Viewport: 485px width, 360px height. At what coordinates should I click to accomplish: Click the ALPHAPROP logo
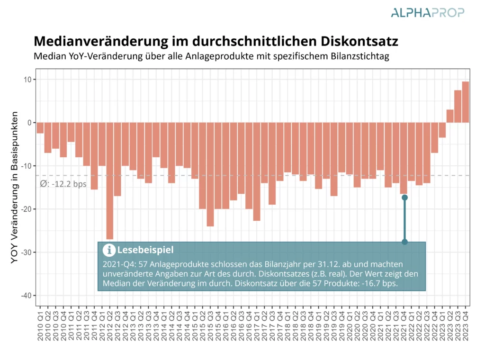pos(428,13)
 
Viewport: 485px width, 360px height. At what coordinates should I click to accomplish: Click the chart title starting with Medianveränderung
pos(216,41)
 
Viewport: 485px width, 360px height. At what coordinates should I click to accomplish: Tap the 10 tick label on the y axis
pos(27,79)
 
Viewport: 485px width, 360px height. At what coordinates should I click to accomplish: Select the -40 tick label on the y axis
pos(26,296)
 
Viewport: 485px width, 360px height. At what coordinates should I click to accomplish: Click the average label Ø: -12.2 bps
pos(63,184)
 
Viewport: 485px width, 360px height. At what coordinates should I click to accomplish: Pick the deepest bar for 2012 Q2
pos(110,180)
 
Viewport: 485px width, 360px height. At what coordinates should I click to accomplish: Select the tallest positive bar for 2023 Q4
pos(466,102)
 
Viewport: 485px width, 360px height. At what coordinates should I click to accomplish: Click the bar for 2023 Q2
pos(450,116)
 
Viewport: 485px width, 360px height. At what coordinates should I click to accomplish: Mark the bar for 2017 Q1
pos(257,171)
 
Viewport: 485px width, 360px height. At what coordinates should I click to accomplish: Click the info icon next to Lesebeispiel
pos(109,250)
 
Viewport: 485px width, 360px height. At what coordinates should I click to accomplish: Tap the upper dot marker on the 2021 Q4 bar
pos(404,197)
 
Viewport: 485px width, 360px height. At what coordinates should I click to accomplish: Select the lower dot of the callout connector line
pos(404,242)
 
